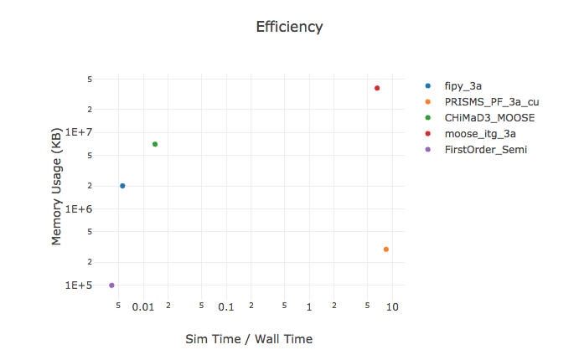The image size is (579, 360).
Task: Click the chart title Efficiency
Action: click(x=289, y=27)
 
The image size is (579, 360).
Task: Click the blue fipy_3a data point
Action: click(x=122, y=186)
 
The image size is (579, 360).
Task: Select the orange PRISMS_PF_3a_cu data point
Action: click(x=385, y=249)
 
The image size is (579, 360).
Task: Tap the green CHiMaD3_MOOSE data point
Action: click(x=155, y=144)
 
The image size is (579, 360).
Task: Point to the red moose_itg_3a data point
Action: click(x=377, y=88)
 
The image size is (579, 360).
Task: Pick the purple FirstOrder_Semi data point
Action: click(x=111, y=285)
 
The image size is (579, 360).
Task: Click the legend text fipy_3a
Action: click(x=463, y=86)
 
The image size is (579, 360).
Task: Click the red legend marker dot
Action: click(x=429, y=134)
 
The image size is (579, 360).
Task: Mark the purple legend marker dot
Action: click(x=429, y=150)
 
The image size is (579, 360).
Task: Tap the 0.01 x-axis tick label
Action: click(x=143, y=307)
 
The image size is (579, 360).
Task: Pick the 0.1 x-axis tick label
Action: click(x=226, y=307)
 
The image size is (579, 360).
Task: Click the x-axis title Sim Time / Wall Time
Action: click(x=248, y=339)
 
